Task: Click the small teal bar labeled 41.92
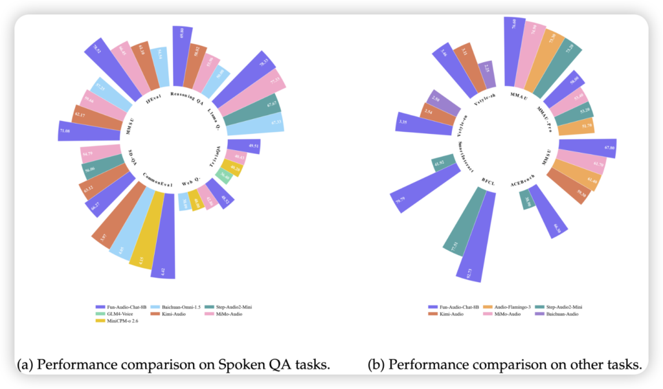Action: pyautogui.click(x=440, y=162)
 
